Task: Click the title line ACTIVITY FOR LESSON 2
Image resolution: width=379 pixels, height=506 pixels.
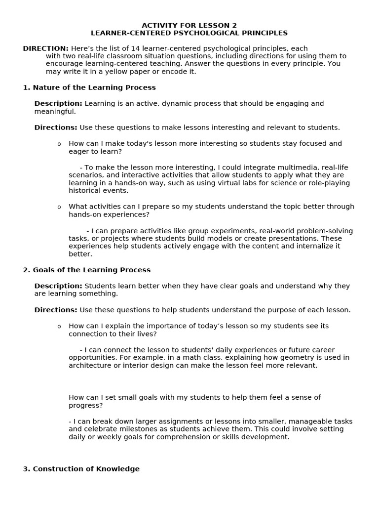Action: (x=189, y=25)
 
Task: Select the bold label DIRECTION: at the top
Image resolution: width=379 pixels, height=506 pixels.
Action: (x=45, y=48)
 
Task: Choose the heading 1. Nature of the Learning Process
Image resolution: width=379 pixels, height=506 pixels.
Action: (x=89, y=87)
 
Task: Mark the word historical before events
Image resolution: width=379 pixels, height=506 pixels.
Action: (x=85, y=191)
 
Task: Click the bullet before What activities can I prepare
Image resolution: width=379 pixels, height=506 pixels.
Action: (x=59, y=207)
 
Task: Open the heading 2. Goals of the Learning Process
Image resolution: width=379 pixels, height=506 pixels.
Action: (x=87, y=270)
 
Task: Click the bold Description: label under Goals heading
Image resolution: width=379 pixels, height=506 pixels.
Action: (x=58, y=286)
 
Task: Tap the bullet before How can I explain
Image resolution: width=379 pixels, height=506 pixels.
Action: (x=59, y=327)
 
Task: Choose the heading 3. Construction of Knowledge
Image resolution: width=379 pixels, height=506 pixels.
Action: (x=81, y=469)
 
